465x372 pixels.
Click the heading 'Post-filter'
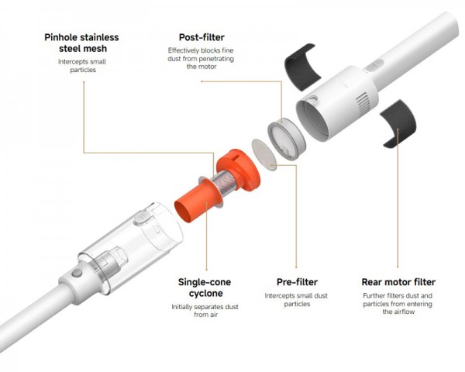[x=201, y=37]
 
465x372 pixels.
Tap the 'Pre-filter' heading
[x=297, y=282]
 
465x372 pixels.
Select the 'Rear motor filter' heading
[x=398, y=282]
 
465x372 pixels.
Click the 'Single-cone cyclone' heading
[x=205, y=288]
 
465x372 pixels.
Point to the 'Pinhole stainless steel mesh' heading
[x=81, y=43]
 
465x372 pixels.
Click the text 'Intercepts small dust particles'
[x=296, y=300]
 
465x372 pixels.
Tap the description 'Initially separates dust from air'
[x=205, y=311]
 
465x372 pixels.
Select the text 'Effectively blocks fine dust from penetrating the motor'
[x=201, y=58]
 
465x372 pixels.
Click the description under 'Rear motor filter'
[x=398, y=304]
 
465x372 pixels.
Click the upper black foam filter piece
[x=302, y=67]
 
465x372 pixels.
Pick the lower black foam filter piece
[x=399, y=123]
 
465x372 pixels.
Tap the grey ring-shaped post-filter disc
[x=286, y=139]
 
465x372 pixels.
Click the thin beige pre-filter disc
[x=264, y=154]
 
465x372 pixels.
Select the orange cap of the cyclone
[x=239, y=170]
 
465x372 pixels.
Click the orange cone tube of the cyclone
[x=197, y=201]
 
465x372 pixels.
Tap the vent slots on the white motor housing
[x=363, y=103]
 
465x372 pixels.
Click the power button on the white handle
[x=374, y=65]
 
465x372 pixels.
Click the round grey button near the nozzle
[x=77, y=273]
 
